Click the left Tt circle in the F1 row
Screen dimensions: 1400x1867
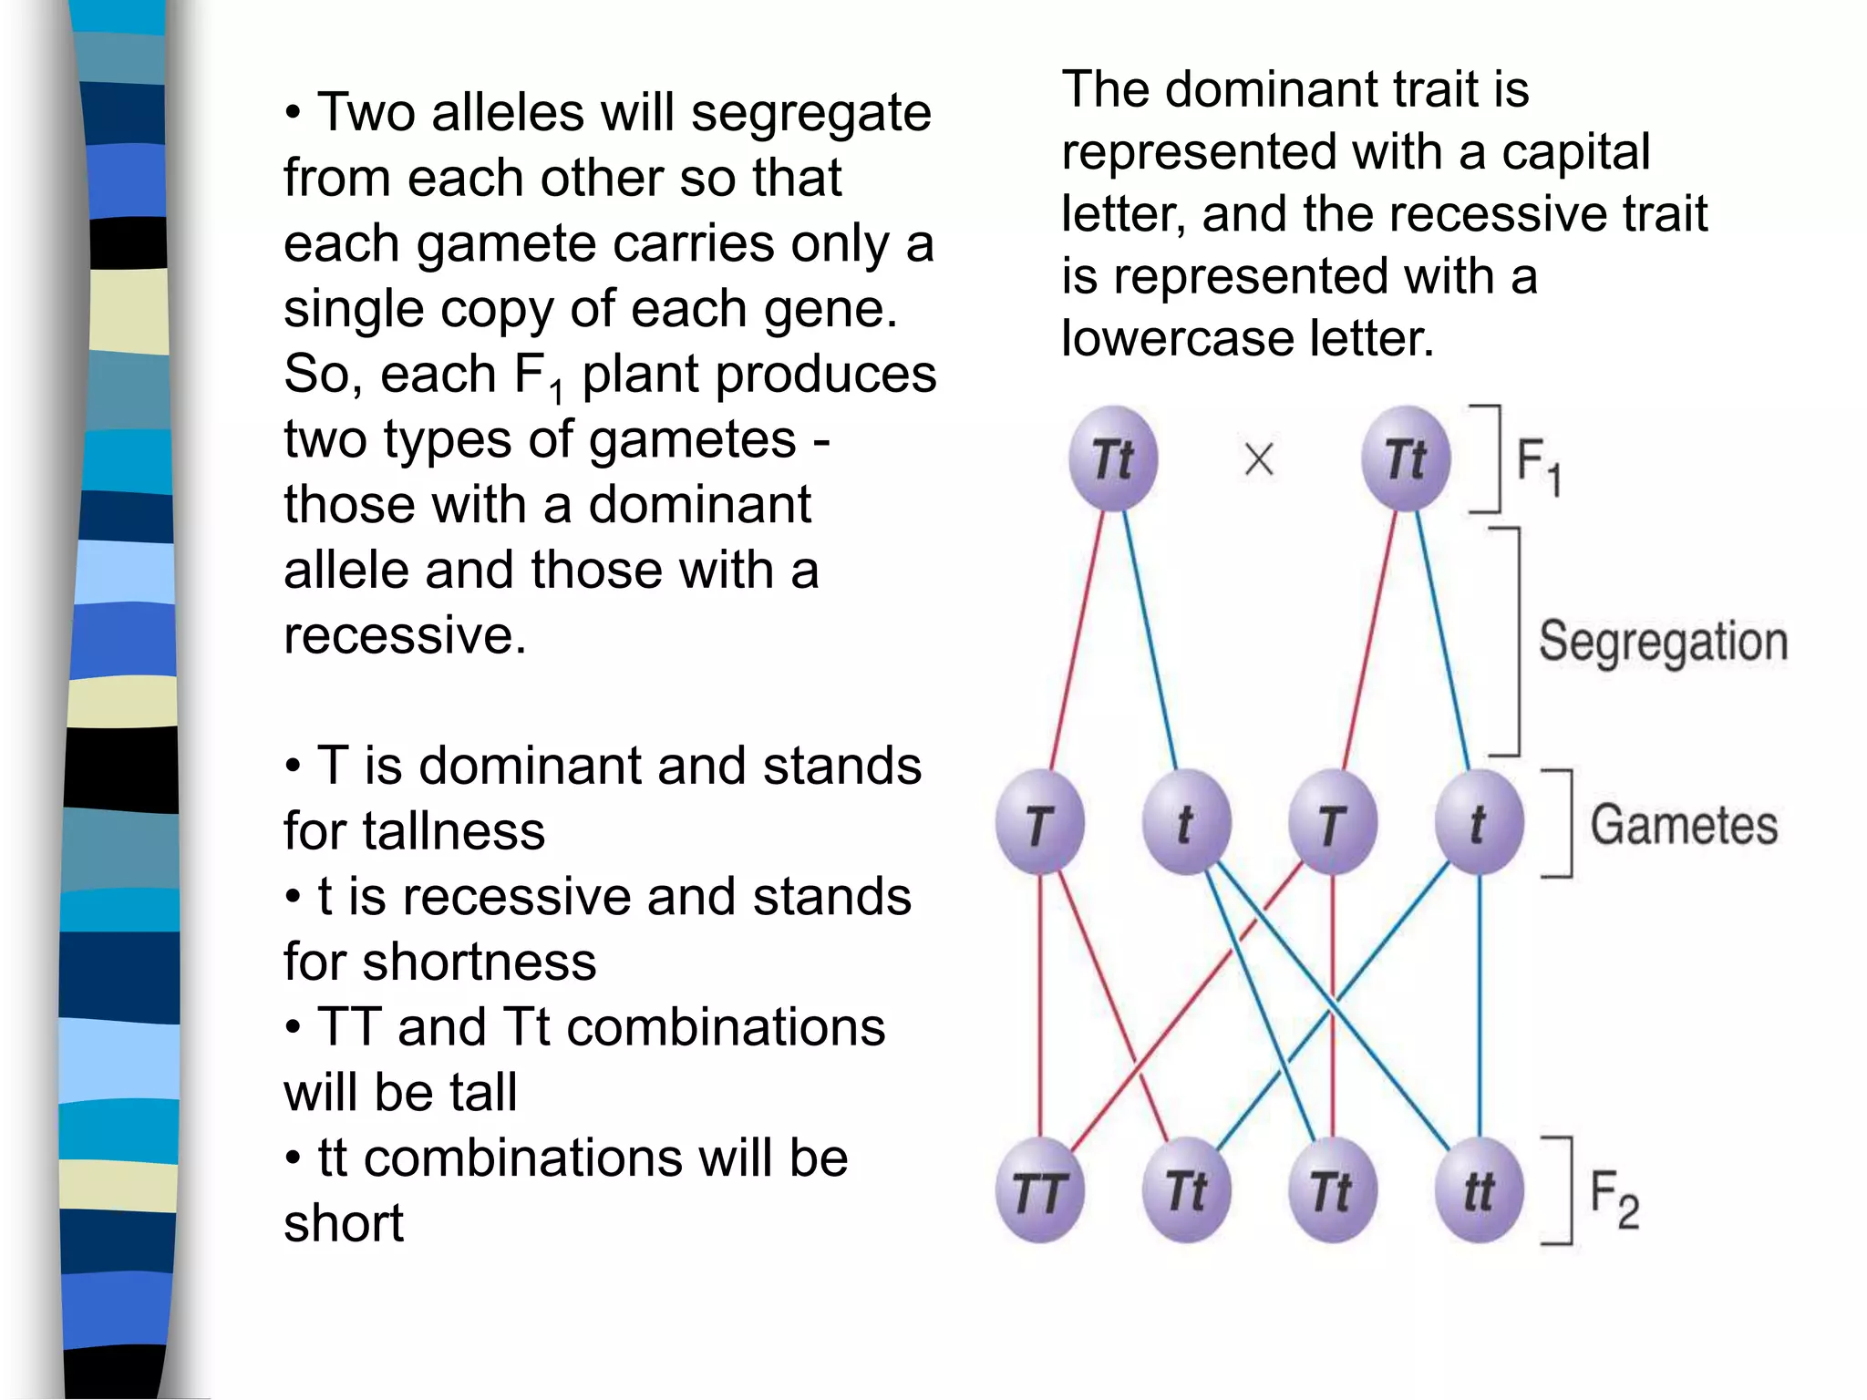point(1113,458)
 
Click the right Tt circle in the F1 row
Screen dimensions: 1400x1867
point(1406,458)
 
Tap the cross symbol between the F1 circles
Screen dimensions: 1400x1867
point(1259,459)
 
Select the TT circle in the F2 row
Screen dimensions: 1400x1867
point(1039,1190)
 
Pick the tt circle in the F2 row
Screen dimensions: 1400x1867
point(1479,1190)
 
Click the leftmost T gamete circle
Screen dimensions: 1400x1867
point(1039,823)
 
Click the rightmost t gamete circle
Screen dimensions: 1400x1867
point(1479,823)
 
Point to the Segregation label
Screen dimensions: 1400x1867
point(1663,643)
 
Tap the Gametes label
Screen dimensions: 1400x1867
point(1684,825)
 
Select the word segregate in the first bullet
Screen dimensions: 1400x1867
point(810,115)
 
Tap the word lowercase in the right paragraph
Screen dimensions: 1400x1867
point(1177,339)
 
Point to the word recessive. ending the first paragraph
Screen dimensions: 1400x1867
point(405,635)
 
